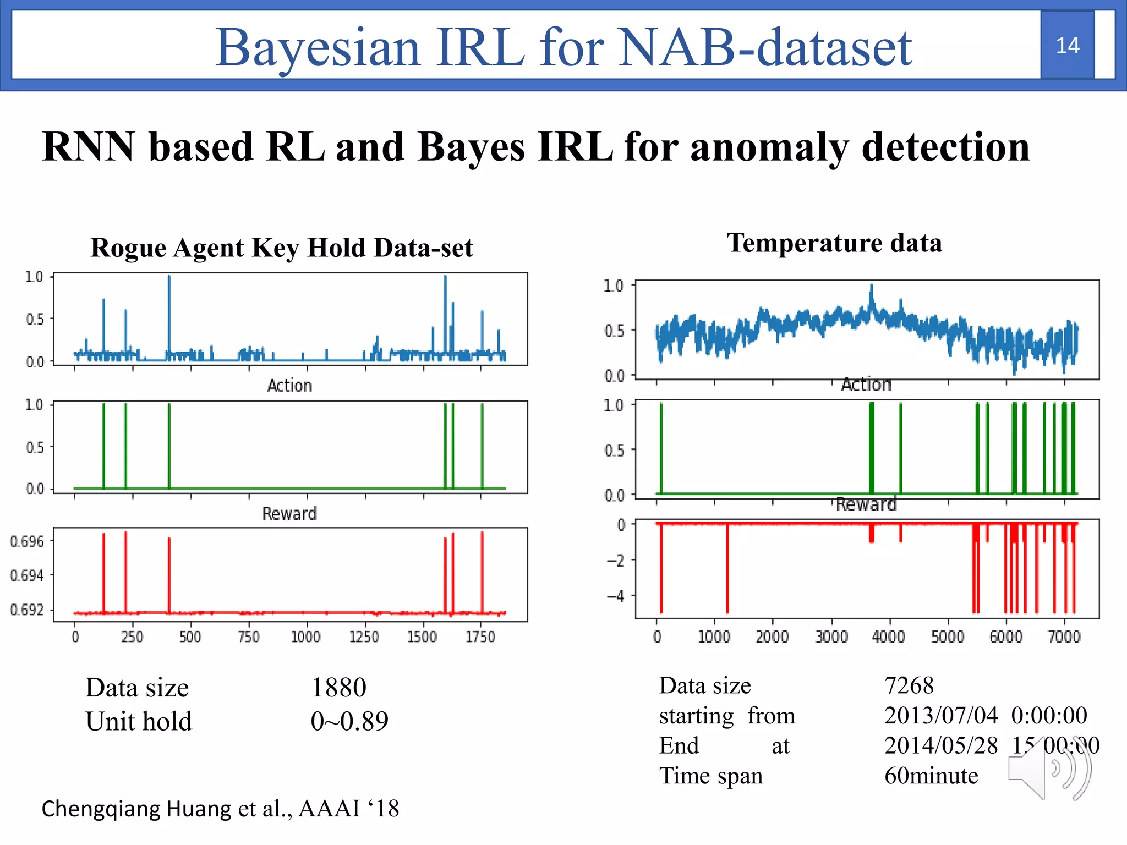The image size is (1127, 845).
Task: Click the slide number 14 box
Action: click(1067, 45)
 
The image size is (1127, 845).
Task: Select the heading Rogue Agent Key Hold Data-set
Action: click(282, 248)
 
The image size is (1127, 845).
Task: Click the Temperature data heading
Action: click(834, 243)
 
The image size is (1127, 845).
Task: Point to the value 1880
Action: click(338, 687)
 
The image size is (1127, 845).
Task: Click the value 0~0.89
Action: click(349, 721)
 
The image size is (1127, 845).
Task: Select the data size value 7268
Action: click(909, 685)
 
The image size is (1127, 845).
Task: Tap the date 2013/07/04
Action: click(940, 715)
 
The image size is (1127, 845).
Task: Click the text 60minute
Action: click(931, 775)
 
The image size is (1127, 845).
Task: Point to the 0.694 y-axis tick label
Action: click(26, 575)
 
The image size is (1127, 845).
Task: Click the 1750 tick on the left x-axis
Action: click(480, 637)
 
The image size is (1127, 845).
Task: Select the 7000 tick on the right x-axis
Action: click(1064, 637)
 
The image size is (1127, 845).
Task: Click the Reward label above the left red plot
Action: click(289, 513)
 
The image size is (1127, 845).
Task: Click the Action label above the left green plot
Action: click(289, 385)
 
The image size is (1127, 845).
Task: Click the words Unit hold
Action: click(139, 721)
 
